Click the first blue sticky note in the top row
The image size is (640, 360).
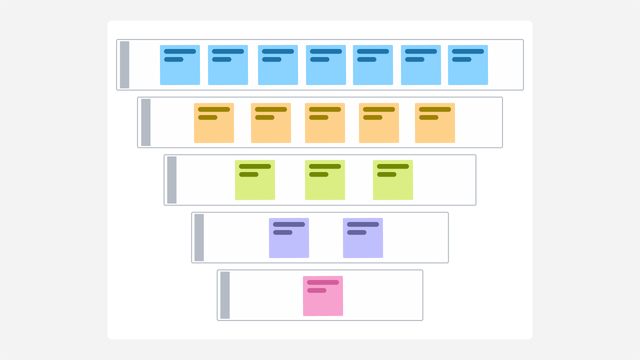click(180, 65)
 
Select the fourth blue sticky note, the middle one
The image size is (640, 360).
click(326, 65)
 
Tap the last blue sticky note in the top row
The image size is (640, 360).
click(468, 65)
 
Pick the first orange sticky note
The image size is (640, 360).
click(214, 123)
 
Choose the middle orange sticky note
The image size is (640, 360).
click(325, 123)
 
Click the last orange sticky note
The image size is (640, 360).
click(435, 123)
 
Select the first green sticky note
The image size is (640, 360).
click(255, 180)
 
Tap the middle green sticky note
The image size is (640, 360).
click(325, 180)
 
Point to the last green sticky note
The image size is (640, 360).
click(393, 180)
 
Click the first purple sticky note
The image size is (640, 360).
click(289, 238)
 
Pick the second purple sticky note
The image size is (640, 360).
click(363, 238)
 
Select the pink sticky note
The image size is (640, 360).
click(323, 296)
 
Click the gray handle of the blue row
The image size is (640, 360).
click(124, 65)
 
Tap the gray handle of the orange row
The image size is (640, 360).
click(145, 122)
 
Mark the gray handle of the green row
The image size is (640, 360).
click(171, 180)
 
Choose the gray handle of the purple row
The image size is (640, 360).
click(199, 237)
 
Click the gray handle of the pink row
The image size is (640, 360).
click(225, 295)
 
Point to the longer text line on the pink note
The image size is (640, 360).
click(323, 282)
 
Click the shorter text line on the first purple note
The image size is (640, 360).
click(282, 232)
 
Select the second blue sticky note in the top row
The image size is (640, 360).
click(228, 65)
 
